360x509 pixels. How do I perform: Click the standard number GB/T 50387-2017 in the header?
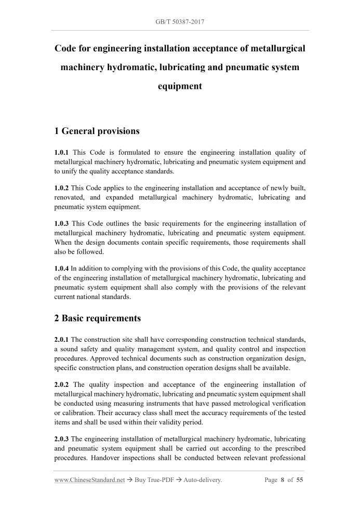click(x=180, y=22)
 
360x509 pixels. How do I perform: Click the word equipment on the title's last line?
click(x=180, y=86)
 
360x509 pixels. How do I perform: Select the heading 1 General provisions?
click(x=97, y=131)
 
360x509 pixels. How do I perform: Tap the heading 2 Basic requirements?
click(x=97, y=318)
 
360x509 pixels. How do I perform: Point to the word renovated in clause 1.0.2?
click(x=71, y=197)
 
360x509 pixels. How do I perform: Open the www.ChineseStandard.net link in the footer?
click(x=89, y=480)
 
